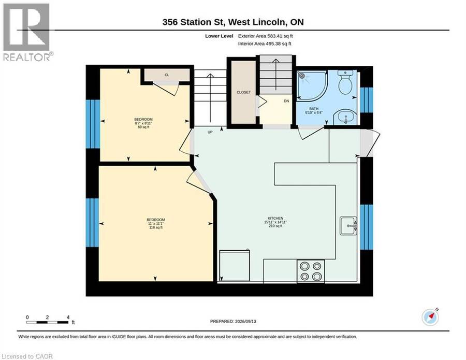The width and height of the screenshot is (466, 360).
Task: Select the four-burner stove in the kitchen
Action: point(311,271)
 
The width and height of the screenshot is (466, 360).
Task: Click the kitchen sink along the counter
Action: point(348,226)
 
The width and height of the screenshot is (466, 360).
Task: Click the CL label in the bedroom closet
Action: point(167,75)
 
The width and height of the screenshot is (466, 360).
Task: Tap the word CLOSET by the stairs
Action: point(243,92)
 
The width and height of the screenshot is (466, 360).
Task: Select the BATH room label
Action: point(314,109)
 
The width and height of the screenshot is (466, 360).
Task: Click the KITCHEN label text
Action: point(275,218)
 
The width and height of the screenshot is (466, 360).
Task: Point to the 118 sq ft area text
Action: point(156,227)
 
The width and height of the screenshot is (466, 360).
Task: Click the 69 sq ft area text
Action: point(143,127)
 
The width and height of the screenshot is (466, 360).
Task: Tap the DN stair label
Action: point(286,101)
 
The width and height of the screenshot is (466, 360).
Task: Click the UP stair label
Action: point(210,132)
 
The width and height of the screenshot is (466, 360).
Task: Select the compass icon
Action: point(430,317)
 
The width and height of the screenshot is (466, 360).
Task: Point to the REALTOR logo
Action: point(27,32)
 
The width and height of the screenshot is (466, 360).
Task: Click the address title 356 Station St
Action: point(233,22)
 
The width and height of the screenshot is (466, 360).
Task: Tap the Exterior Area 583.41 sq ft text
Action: point(266,36)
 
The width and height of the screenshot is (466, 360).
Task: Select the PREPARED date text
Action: point(233,321)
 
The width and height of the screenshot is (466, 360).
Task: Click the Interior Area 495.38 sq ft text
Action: point(265,44)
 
